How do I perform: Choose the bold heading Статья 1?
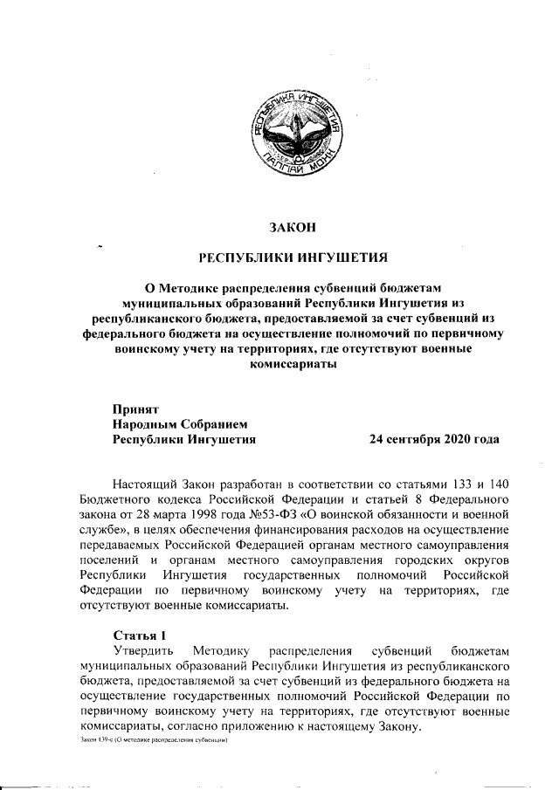click(139, 634)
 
